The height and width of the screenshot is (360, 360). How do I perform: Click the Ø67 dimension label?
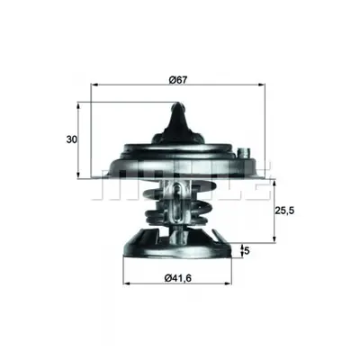pos(178,80)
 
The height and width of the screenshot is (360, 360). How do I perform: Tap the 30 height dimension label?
pos(72,139)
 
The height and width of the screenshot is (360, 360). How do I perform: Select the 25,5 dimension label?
pos(284,211)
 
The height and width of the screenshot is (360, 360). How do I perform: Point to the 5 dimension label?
pos(247,250)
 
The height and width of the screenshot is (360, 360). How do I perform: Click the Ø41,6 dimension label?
pos(178,278)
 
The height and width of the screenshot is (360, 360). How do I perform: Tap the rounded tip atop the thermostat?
pos(178,105)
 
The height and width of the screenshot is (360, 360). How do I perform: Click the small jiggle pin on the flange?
pos(243,152)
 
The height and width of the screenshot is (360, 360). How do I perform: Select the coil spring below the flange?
pos(177,207)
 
